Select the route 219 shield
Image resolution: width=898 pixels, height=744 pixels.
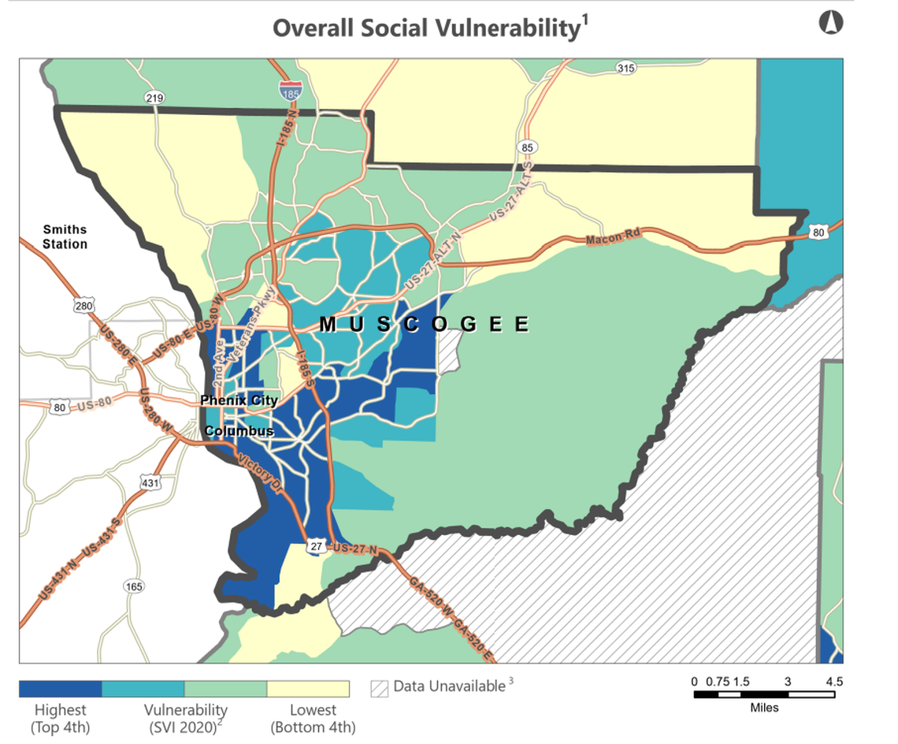click(154, 98)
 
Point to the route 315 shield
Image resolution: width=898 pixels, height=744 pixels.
click(625, 69)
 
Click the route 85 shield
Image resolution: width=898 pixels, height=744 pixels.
click(527, 147)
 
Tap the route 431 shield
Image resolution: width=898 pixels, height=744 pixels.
click(150, 481)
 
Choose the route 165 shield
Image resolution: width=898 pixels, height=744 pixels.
click(134, 586)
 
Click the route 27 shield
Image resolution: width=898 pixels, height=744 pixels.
click(316, 546)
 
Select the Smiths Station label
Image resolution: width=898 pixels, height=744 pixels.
click(65, 237)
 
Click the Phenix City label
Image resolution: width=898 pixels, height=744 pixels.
click(239, 400)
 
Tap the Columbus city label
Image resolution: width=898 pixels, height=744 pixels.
click(239, 431)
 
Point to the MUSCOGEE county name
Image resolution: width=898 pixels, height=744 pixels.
click(424, 324)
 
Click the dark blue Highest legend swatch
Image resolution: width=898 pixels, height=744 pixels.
click(61, 689)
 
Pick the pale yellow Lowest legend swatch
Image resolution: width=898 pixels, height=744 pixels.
click(308, 689)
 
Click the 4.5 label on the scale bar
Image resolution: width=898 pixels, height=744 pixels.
click(834, 681)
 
